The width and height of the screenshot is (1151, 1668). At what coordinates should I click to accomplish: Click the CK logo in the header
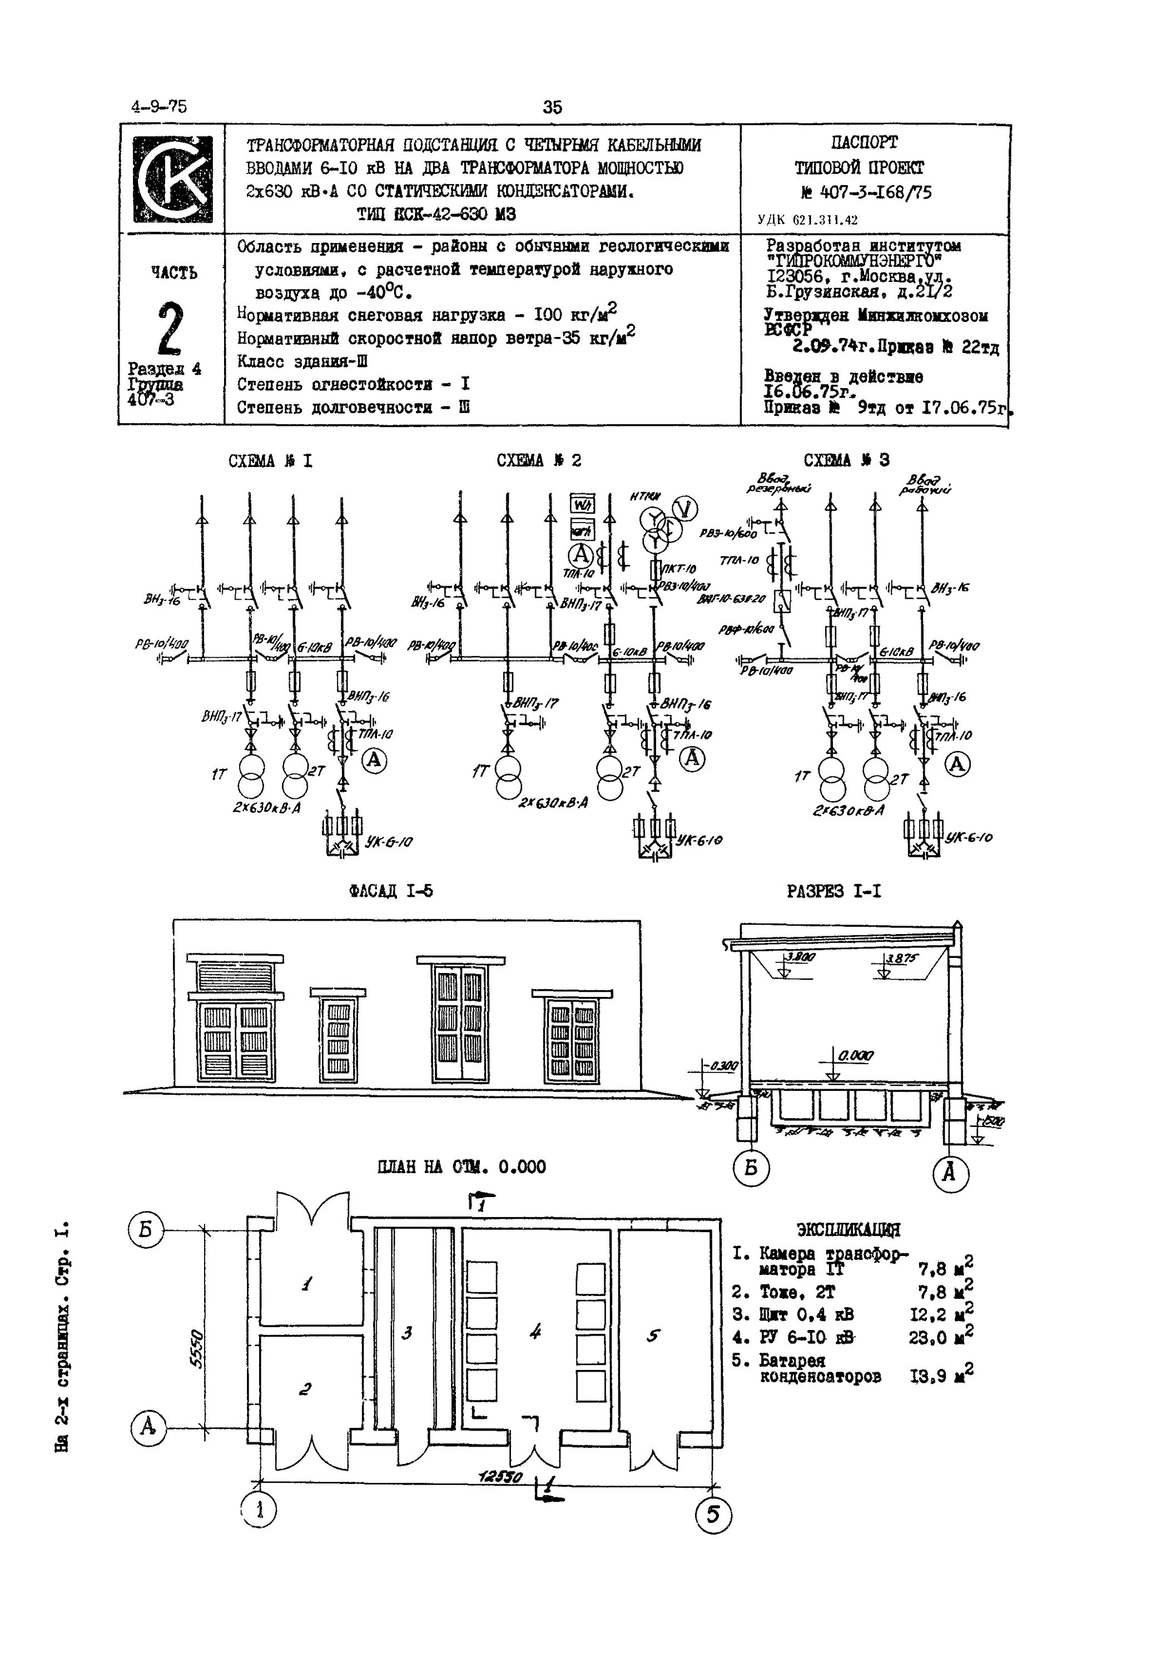(172, 180)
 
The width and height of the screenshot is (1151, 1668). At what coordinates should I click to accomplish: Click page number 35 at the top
(552, 107)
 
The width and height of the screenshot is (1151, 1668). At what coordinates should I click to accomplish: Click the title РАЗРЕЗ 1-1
(834, 891)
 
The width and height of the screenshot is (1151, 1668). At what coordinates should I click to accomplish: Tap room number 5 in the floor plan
(653, 1336)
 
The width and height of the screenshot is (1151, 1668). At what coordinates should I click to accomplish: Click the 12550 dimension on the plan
(500, 1478)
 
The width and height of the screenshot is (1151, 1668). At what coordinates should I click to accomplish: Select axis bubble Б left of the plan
(146, 1231)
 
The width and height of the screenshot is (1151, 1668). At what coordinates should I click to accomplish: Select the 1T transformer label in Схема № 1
(219, 774)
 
